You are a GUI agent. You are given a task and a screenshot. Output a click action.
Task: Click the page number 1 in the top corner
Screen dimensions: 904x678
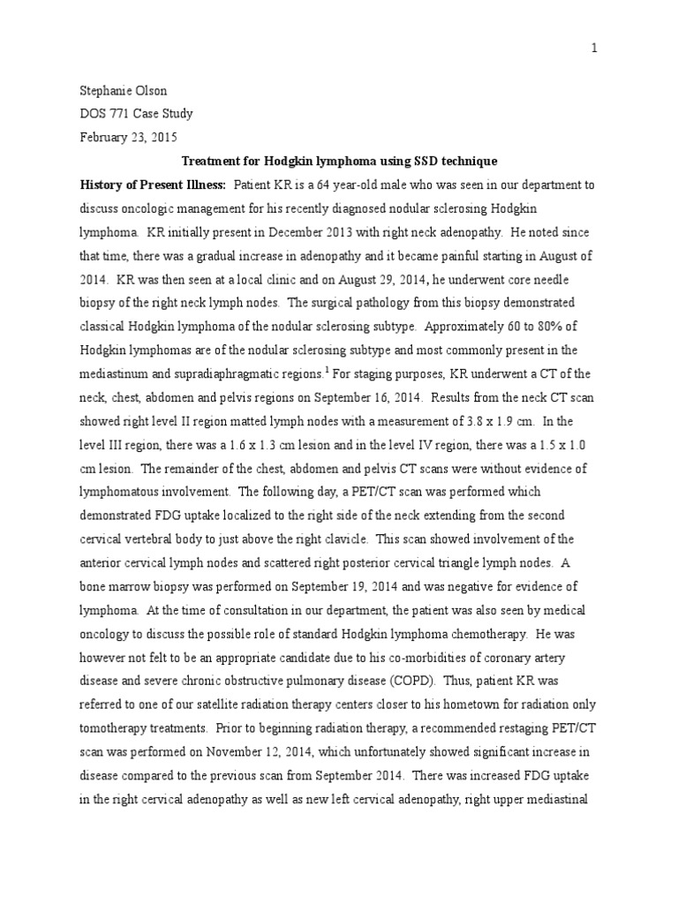tap(595, 49)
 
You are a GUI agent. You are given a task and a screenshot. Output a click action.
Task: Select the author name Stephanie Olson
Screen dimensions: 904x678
tap(123, 91)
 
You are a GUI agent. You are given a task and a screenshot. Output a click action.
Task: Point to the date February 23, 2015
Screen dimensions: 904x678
tap(129, 137)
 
